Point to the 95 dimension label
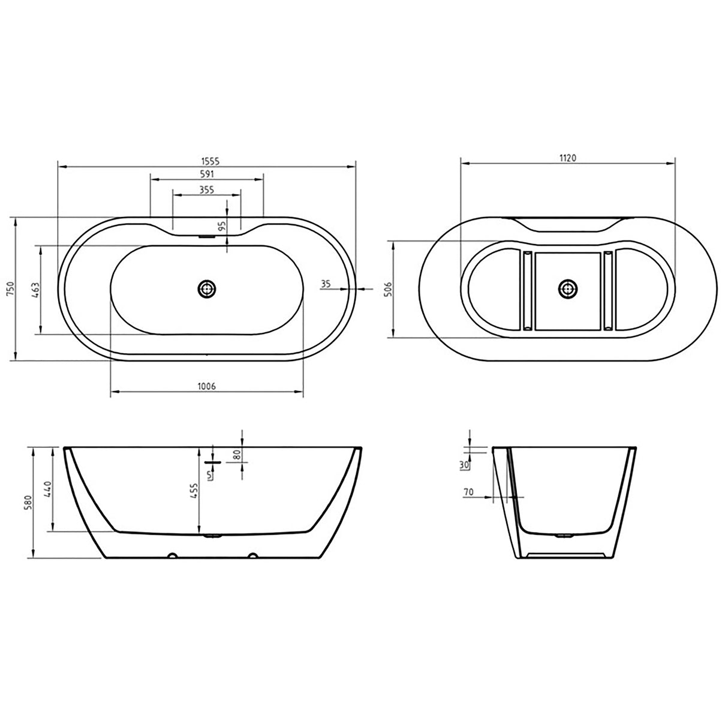[221, 227]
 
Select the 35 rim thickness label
[326, 284]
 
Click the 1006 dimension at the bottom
[206, 387]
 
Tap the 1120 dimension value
[567, 158]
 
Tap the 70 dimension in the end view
[468, 492]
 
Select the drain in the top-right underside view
[567, 289]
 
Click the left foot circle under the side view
[172, 555]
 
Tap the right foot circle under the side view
[253, 555]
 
